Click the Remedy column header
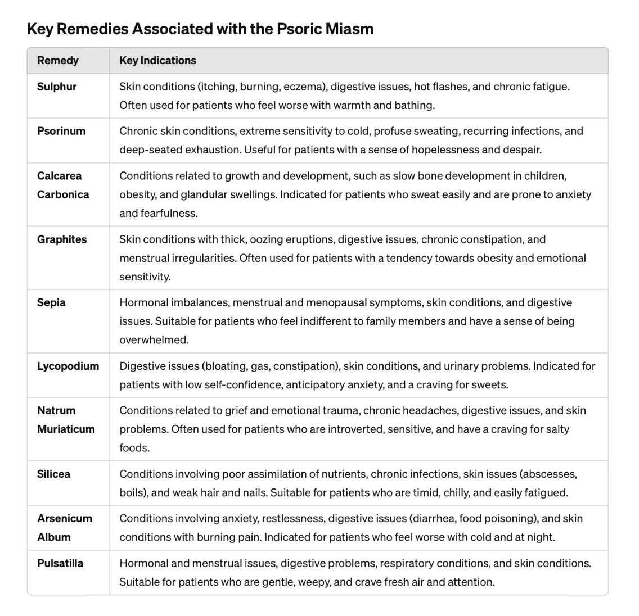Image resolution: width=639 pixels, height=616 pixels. (58, 61)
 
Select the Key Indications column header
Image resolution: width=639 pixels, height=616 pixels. (157, 61)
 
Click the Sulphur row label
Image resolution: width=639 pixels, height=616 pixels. (57, 87)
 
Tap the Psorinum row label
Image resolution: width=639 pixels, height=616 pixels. (61, 131)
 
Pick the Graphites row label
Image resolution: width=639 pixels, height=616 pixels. (62, 239)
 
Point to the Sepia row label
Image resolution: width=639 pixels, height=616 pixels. (51, 302)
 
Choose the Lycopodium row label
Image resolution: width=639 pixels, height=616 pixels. (68, 366)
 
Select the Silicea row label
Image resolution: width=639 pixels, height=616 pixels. (53, 474)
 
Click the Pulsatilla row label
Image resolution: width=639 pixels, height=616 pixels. (60, 563)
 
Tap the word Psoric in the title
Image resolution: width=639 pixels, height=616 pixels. (298, 29)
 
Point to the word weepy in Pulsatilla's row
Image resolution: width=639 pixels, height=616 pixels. (311, 582)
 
